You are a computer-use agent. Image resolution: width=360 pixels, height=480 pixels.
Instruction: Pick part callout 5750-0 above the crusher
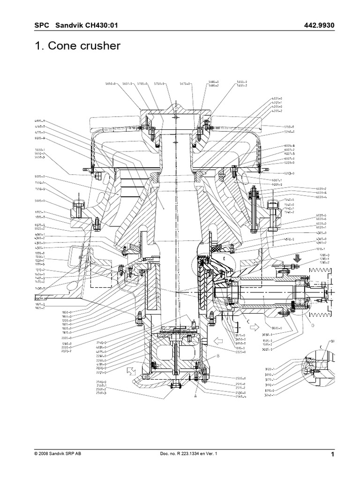(x=159, y=84)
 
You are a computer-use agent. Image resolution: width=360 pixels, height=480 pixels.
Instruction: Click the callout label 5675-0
(x=185, y=84)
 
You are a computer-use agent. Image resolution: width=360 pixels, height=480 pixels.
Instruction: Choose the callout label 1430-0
(x=41, y=288)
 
